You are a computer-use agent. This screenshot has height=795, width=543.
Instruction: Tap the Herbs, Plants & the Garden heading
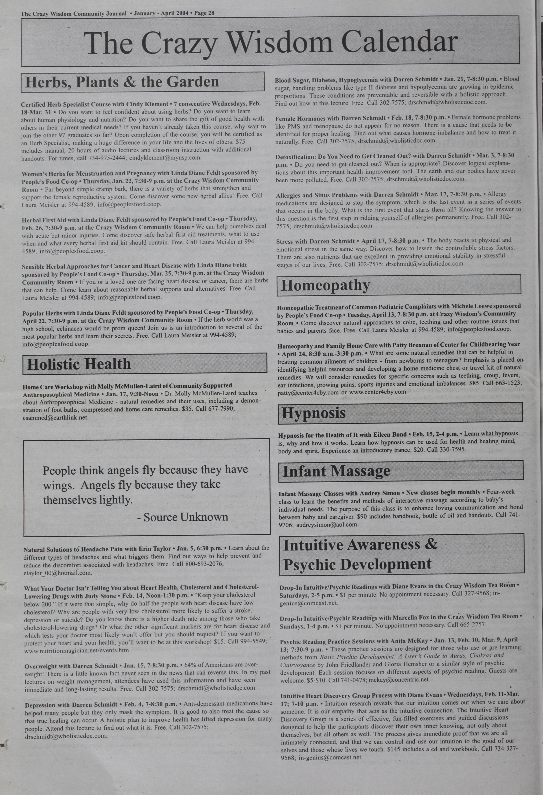122,82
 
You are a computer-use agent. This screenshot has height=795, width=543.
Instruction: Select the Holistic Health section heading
79,364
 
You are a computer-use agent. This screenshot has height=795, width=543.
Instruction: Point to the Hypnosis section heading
313,413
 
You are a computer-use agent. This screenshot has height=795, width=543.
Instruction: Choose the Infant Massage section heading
336,471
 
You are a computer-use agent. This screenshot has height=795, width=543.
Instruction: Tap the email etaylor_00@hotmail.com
58,573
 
